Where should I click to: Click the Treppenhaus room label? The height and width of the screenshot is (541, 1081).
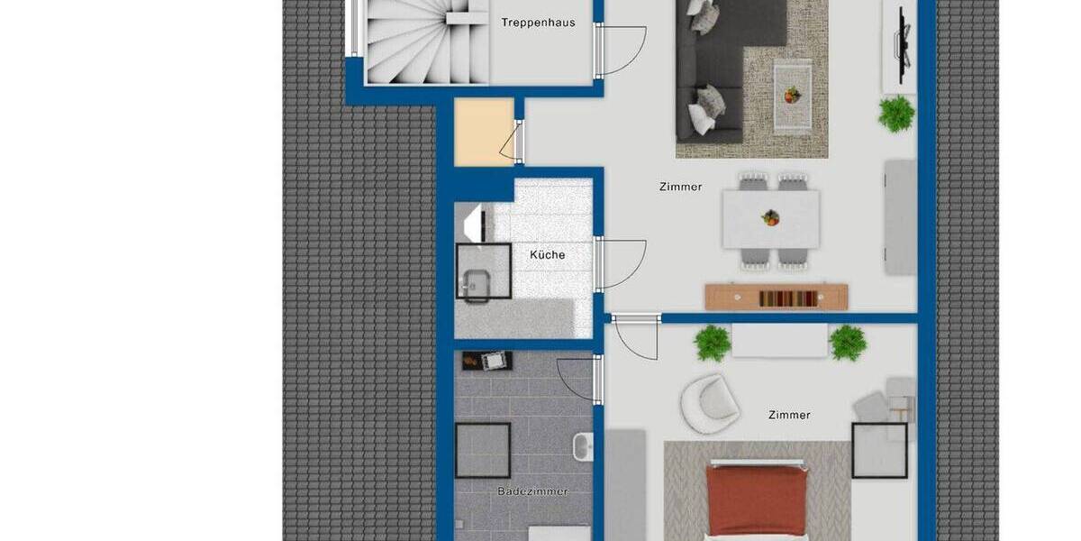[x=538, y=23]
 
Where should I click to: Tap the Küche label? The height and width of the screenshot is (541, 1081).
[x=548, y=255]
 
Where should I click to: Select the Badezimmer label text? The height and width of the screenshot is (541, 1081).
[x=532, y=491]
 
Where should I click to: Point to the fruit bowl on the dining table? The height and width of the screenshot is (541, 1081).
[x=770, y=217]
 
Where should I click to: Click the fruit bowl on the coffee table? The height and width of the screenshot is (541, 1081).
[x=792, y=94]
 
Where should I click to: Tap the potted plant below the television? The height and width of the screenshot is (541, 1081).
[x=896, y=115]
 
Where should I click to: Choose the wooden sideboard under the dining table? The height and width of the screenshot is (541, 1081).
[x=776, y=297]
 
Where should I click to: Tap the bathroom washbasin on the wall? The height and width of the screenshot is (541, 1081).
[x=583, y=445]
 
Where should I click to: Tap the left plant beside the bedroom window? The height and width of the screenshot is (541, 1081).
[x=713, y=344]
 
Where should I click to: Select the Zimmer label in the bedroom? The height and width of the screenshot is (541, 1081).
[x=789, y=416]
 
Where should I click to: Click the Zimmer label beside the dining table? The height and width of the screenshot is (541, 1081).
[x=680, y=188]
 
